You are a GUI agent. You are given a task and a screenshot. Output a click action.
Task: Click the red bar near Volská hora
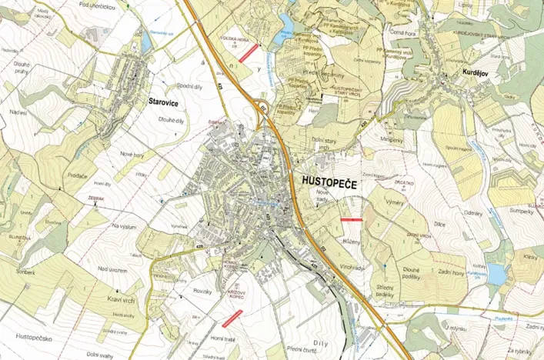(x=248, y=53)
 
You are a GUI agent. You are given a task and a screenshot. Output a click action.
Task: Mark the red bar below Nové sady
(x=350, y=219)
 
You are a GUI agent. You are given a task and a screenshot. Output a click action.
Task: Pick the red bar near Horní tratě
(x=232, y=317)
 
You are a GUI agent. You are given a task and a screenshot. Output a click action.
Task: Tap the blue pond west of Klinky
(x=497, y=273)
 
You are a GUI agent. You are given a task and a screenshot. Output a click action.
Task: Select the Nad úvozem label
(x=112, y=268)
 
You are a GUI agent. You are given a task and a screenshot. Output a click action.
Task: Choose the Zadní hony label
(x=451, y=274)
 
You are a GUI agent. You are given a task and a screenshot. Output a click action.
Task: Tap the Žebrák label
(x=96, y=198)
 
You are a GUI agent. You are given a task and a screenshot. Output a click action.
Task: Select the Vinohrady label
(x=355, y=268)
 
